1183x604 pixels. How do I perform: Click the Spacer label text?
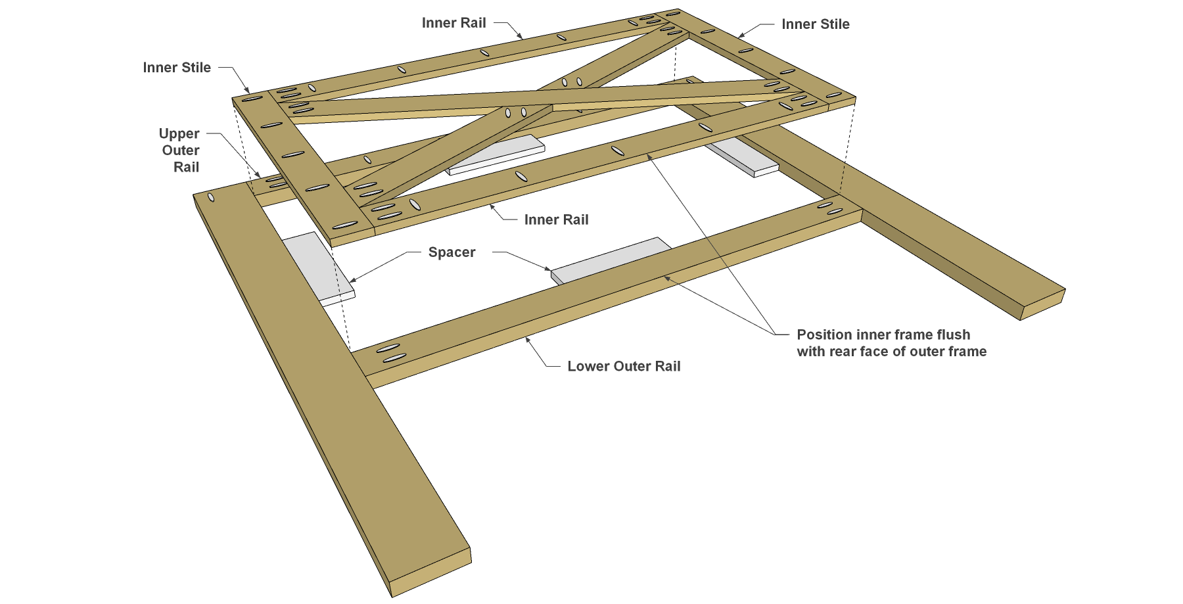[452, 252]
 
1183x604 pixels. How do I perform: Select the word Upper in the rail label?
[179, 134]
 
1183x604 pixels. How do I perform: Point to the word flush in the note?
[953, 335]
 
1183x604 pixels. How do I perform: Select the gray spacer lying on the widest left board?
[319, 267]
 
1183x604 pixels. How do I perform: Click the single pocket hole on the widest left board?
[211, 197]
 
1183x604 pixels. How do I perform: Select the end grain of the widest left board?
[431, 572]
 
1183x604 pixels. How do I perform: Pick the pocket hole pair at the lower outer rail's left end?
[391, 352]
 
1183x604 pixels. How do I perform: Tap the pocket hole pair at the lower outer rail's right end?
[829, 208]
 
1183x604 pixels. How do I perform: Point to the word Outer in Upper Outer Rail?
[181, 151]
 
